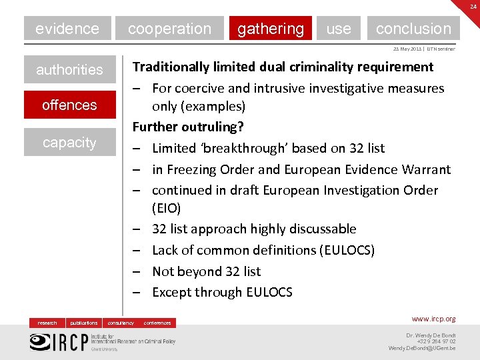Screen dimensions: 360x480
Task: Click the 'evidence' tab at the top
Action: (67, 29)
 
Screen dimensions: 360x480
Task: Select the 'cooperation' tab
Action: (169, 29)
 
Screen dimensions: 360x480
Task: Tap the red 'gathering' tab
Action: (270, 29)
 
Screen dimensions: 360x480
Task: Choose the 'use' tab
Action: (339, 29)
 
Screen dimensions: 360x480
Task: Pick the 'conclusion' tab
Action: (413, 29)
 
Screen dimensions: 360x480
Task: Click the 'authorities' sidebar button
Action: (69, 69)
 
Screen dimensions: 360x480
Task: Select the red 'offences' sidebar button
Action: (69, 105)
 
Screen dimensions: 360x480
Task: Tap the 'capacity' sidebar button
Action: (69, 142)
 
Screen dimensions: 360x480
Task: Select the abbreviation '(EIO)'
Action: (166, 209)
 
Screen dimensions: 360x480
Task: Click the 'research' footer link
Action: (47, 323)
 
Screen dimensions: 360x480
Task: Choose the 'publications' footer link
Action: (84, 323)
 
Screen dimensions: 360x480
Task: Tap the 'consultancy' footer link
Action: (121, 323)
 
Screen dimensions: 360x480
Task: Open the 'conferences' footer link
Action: (157, 323)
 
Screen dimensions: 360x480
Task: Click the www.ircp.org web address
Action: (433, 319)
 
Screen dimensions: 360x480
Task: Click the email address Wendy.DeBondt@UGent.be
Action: (422, 348)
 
